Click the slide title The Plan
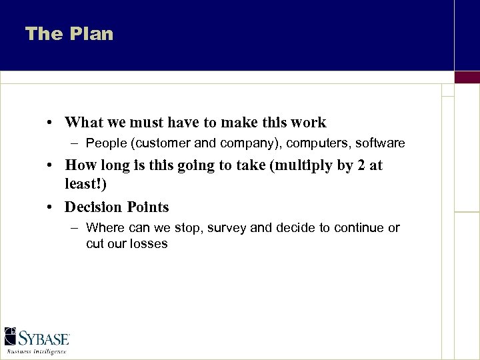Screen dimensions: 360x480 coord(69,34)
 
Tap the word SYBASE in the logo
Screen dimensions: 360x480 coord(45,338)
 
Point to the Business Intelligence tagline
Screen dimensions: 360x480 coord(37,351)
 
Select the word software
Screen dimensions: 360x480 coord(380,143)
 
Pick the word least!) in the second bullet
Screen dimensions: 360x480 coord(85,183)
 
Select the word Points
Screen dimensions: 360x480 coord(147,207)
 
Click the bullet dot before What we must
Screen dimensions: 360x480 coord(51,123)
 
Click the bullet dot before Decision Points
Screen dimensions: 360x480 coord(51,207)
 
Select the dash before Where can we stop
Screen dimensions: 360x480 coord(75,228)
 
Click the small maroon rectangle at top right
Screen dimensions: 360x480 coord(467,77)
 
